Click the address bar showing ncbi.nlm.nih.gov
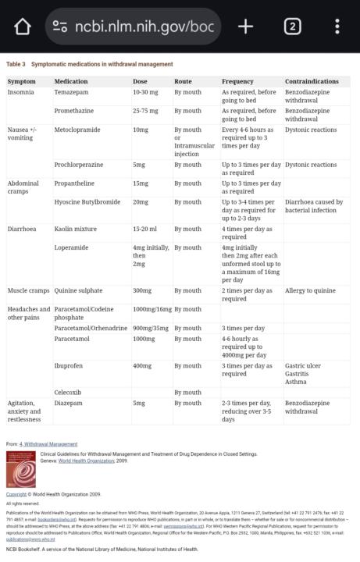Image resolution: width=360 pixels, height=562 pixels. [133, 27]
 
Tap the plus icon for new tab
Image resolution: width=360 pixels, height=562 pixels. [246, 27]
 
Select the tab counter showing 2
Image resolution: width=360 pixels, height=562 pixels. [292, 27]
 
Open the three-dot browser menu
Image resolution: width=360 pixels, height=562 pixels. [337, 27]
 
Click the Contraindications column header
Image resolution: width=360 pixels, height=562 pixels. [312, 81]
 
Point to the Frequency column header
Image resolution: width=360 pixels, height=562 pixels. [238, 81]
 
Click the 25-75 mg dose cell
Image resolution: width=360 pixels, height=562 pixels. [147, 110]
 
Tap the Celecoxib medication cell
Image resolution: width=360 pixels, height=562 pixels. [70, 392]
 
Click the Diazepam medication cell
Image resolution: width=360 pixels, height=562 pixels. [70, 403]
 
